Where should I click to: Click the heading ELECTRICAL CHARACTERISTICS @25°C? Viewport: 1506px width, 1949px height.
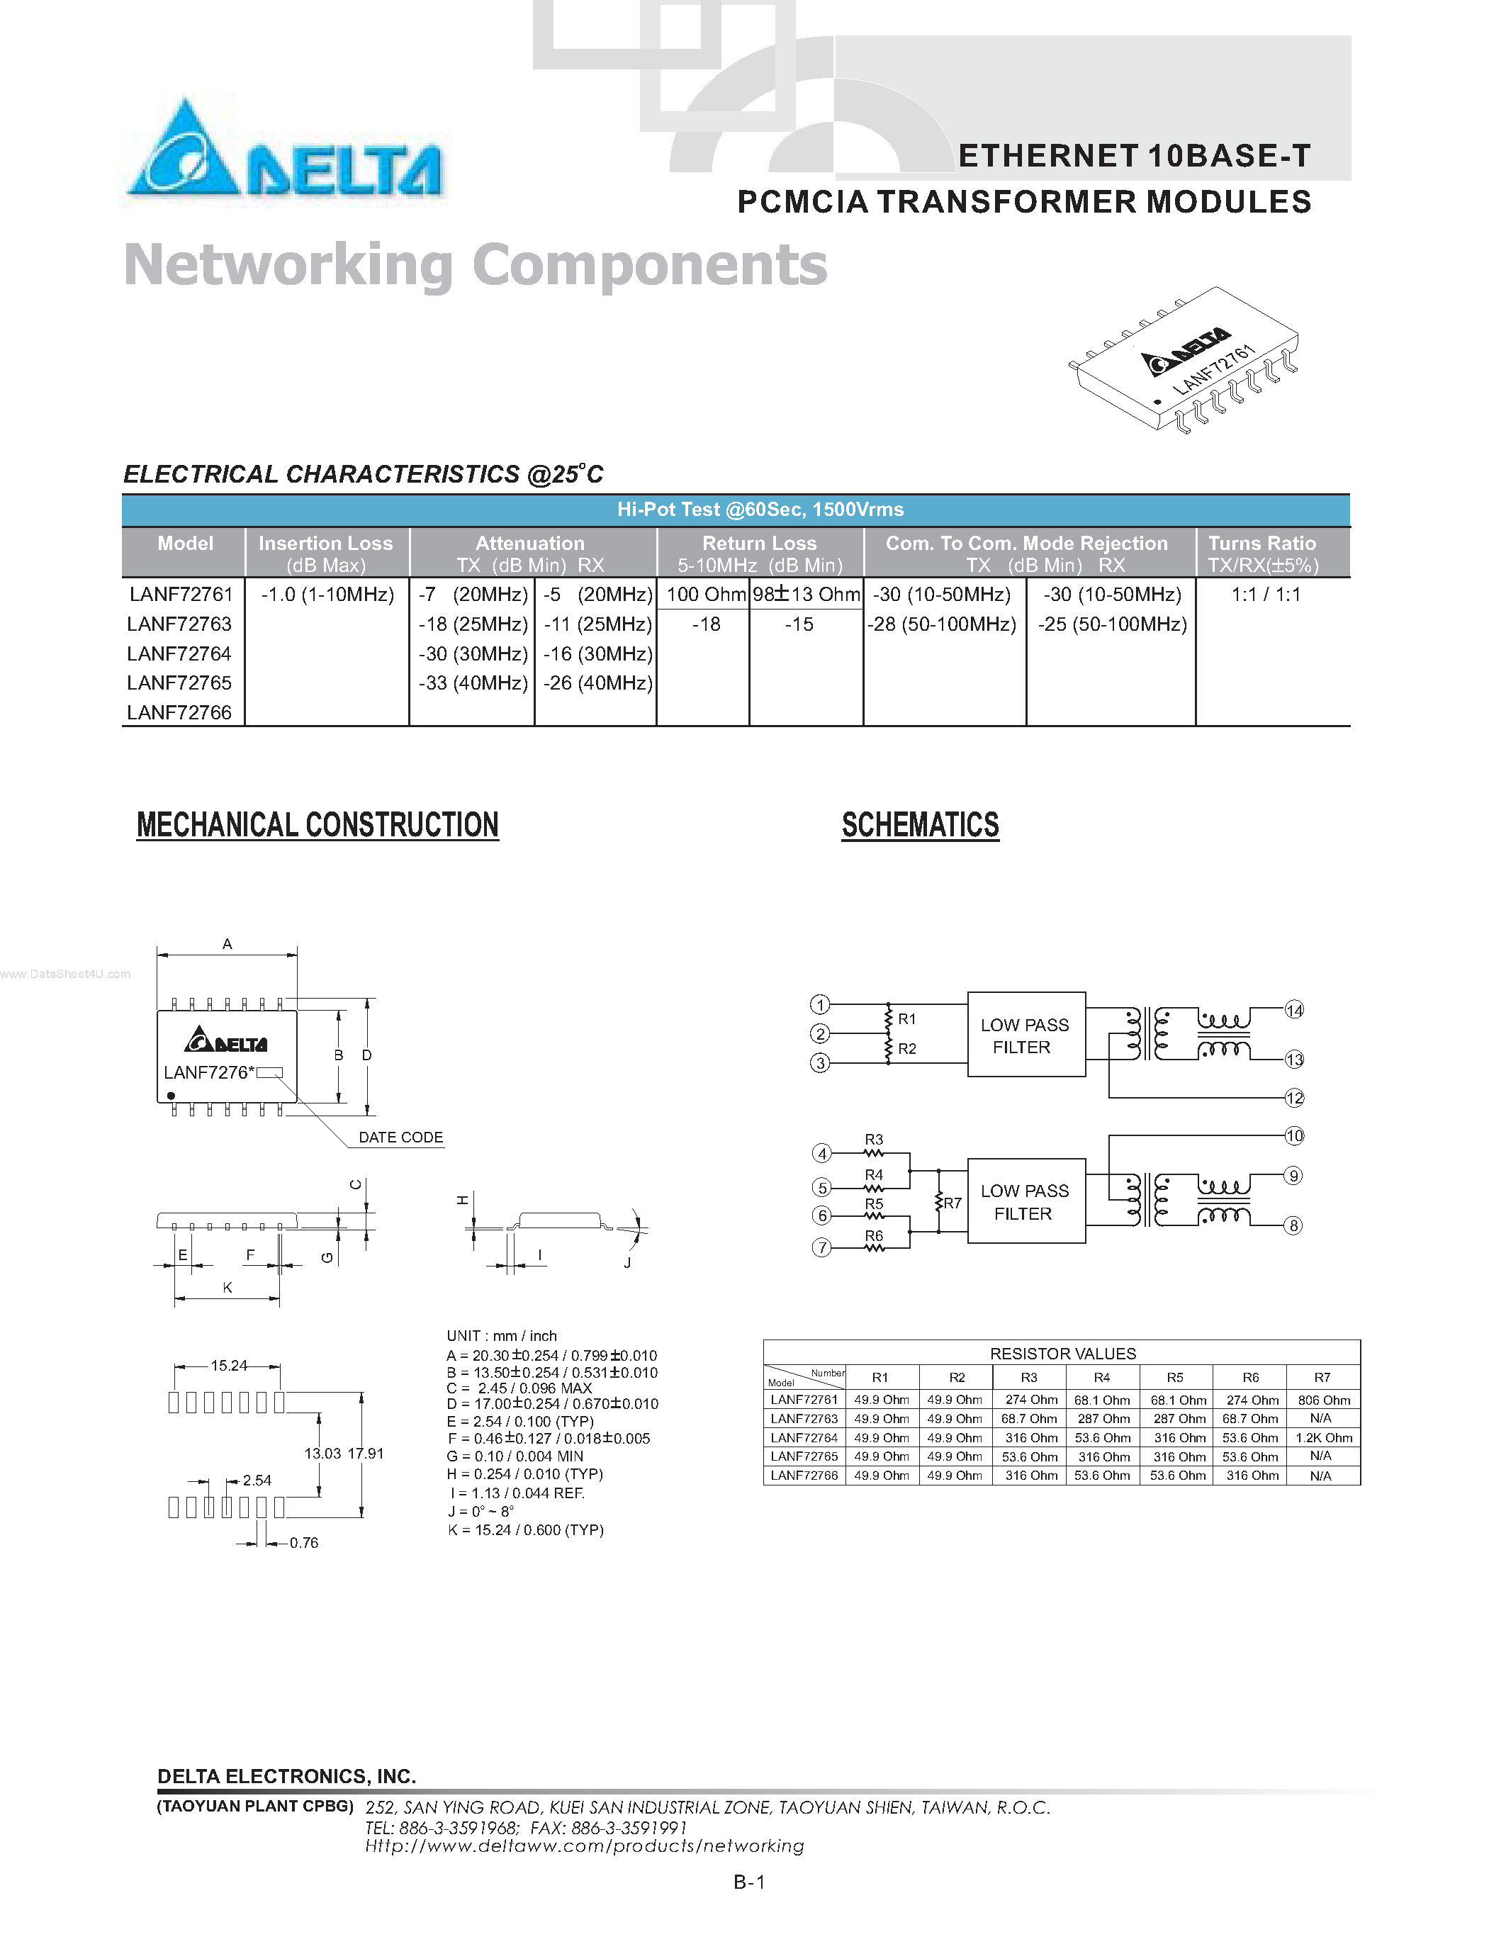point(363,474)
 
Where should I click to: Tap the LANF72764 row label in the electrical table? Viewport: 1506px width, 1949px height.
point(179,653)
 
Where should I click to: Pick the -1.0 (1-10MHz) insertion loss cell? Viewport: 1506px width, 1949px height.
point(327,595)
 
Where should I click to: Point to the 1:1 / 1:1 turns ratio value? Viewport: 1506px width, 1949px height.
point(1266,595)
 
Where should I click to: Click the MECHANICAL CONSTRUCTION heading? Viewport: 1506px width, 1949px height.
point(318,824)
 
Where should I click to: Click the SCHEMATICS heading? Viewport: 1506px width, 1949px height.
point(920,824)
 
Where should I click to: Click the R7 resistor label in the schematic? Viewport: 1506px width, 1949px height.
point(953,1203)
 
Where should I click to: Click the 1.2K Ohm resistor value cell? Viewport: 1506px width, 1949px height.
point(1323,1438)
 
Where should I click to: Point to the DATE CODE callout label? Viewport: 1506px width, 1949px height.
point(400,1137)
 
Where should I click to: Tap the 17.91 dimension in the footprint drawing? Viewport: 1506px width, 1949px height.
point(365,1453)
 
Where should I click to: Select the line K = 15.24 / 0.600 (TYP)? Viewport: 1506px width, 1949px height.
point(525,1529)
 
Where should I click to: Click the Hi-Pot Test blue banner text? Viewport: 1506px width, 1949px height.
point(760,510)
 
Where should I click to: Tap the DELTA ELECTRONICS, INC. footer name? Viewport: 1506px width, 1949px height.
point(286,1776)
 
